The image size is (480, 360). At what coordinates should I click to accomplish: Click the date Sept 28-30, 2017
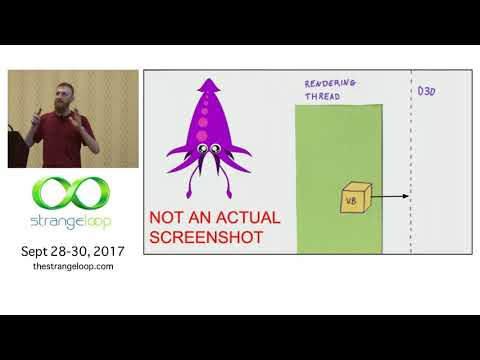click(72, 251)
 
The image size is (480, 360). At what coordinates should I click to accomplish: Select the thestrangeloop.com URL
click(72, 267)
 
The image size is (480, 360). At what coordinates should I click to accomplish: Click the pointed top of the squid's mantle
click(208, 79)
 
